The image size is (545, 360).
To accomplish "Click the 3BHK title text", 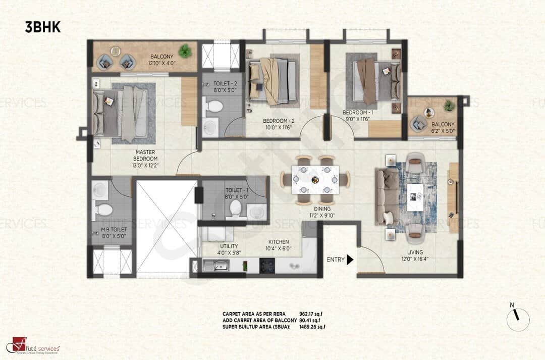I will tap(43, 27).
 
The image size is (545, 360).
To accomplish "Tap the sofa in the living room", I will tap(386, 196).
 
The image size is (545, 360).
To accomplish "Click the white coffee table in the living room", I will tap(415, 196).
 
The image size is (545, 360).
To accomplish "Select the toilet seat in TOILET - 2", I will tap(215, 107).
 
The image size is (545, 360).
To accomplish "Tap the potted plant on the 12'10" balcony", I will tap(185, 50).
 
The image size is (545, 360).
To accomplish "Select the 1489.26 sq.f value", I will tap(312, 326).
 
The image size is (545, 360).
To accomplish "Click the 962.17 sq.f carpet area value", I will tap(310, 314).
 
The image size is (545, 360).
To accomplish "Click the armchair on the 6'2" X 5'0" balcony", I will tap(418, 123).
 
